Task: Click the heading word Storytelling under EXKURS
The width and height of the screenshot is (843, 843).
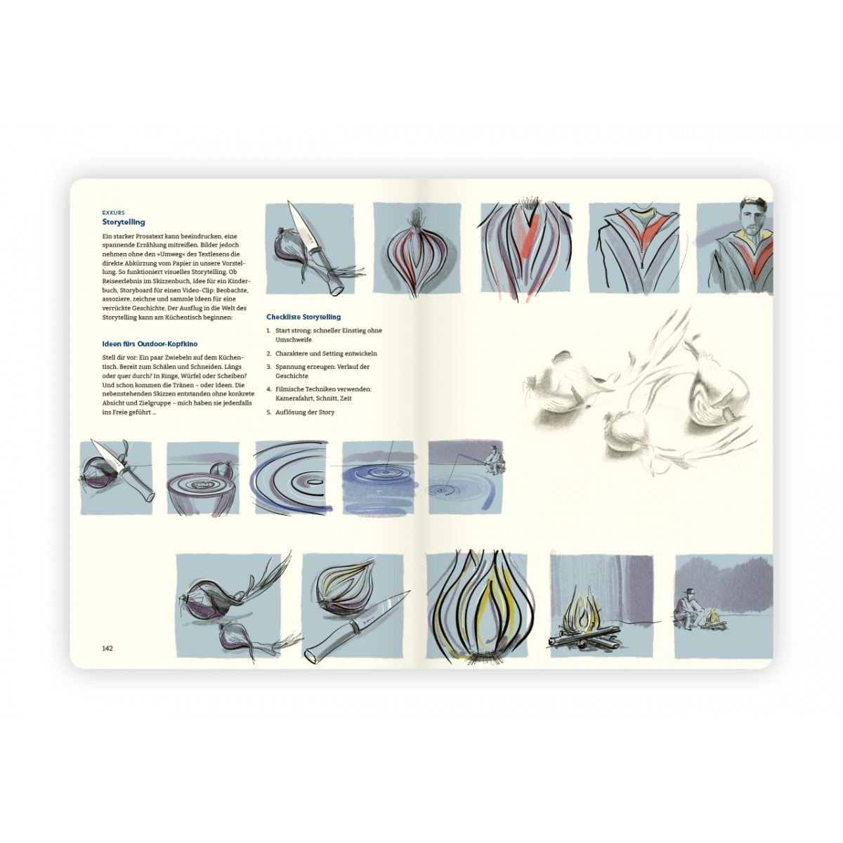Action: coord(124,222)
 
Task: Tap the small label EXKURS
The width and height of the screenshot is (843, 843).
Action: coord(113,213)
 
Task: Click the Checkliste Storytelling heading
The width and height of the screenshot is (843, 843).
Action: coord(303,317)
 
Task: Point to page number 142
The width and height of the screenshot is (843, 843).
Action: coord(107,648)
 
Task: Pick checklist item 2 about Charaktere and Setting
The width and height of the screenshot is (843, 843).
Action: coord(322,353)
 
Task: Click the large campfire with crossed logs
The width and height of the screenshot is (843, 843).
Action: coord(582,620)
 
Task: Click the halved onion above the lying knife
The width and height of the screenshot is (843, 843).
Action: coord(343,589)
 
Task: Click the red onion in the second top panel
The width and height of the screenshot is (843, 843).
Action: coord(416,258)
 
